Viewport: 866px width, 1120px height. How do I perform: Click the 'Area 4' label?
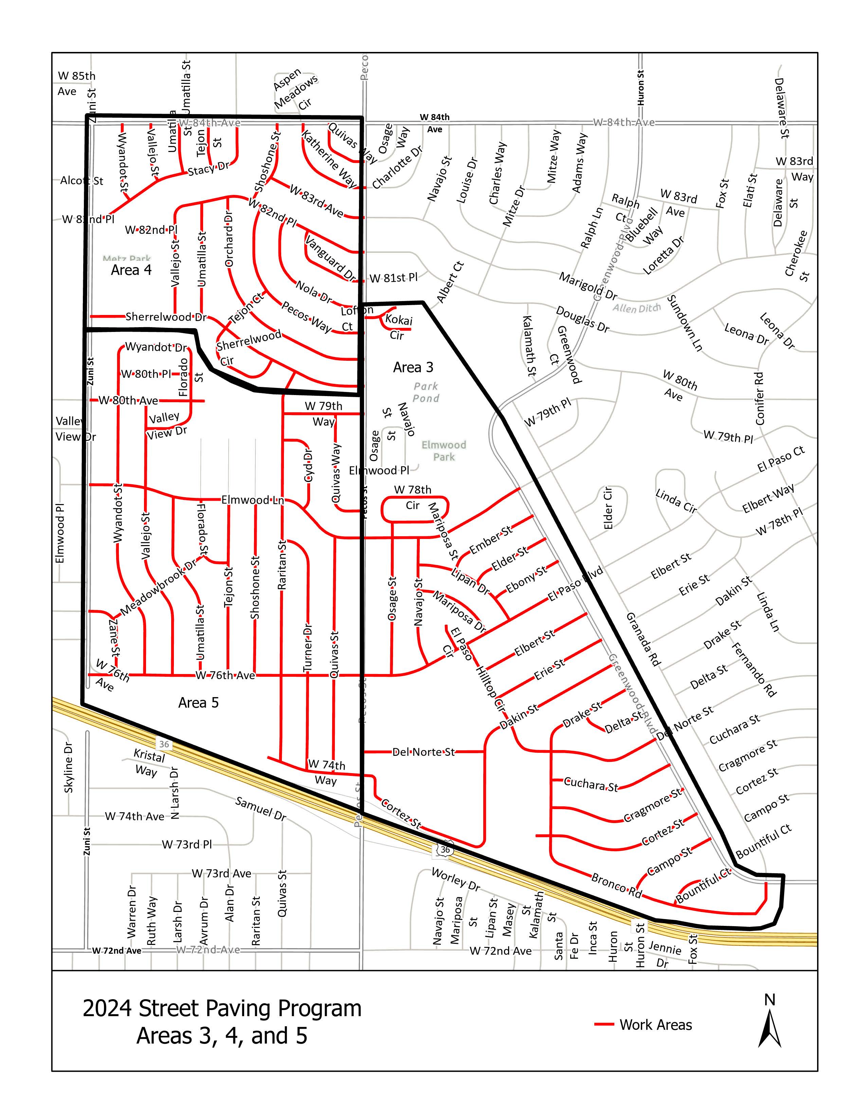coord(131,270)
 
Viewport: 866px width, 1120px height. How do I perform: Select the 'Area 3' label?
coord(413,367)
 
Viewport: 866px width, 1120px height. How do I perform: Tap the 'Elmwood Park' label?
coord(444,451)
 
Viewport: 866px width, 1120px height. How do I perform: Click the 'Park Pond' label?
coord(426,392)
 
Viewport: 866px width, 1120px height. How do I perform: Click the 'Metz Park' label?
coord(126,259)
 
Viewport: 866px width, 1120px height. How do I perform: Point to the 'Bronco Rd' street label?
coord(616,885)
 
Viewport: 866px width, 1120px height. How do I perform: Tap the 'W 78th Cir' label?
coord(413,498)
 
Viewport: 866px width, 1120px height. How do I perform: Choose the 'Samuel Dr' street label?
coord(260,809)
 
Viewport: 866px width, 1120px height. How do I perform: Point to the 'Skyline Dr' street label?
coord(69,767)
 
